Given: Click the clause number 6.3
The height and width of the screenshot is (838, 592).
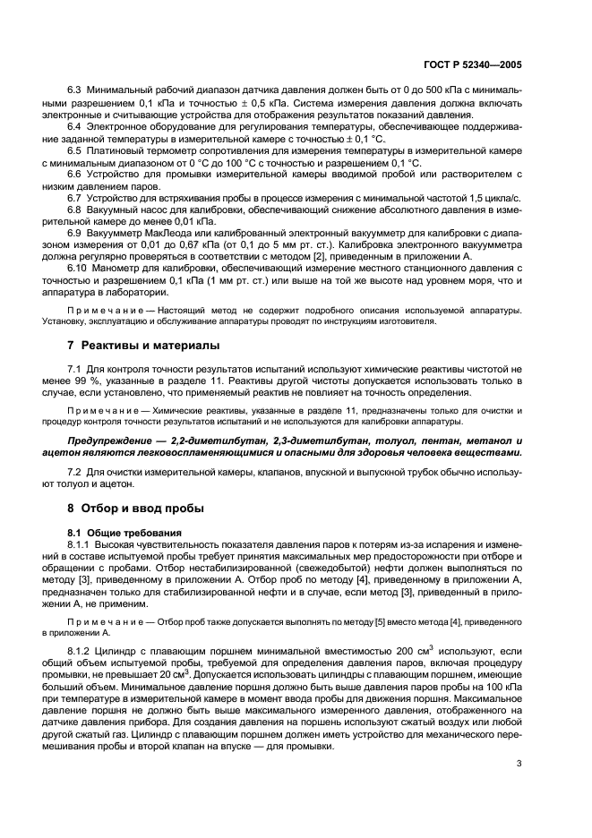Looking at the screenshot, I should pyautogui.click(x=75, y=90).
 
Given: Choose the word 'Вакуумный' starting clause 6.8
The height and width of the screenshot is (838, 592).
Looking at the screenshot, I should pyautogui.click(x=115, y=209).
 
